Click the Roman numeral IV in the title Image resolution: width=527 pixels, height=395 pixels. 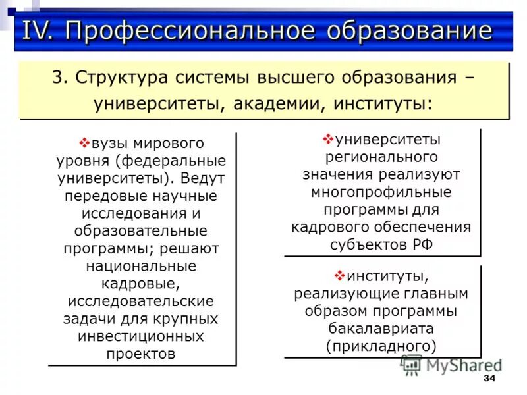tap(39, 31)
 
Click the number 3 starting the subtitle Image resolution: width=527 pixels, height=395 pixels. tap(57, 78)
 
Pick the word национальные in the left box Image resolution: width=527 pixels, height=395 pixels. tap(141, 266)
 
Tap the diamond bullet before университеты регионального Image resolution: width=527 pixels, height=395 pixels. tap(328, 140)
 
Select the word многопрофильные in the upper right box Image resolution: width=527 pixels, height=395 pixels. tap(381, 192)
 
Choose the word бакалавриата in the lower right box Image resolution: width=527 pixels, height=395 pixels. tap(381, 327)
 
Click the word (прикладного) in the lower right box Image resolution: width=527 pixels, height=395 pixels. tap(381, 345)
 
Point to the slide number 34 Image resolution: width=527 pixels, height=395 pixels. tap(489, 379)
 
